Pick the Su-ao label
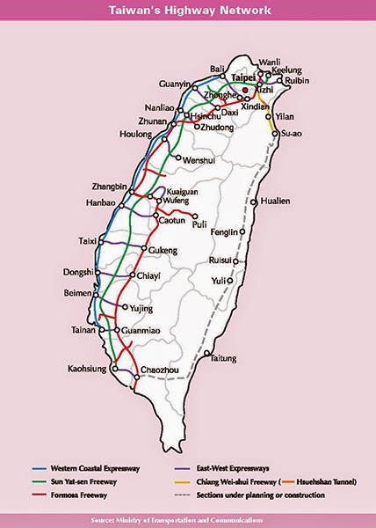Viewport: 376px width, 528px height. (291, 134)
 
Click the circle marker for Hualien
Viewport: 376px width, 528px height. (254, 202)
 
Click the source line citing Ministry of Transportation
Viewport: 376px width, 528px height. (188, 519)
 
